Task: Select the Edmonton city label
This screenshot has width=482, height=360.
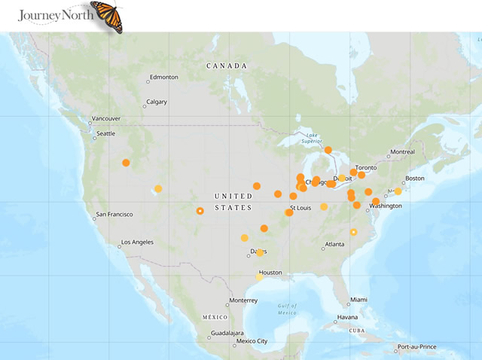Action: [x=163, y=77]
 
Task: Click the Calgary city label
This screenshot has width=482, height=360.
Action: [x=157, y=102]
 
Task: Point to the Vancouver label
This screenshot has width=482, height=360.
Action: [x=105, y=118]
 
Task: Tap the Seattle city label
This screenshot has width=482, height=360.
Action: [x=105, y=133]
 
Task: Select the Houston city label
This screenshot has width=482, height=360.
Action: [x=270, y=272]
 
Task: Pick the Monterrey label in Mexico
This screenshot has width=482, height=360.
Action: [x=244, y=300]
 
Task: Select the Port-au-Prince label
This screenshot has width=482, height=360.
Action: [x=421, y=347]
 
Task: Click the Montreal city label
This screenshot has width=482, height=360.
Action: [x=402, y=152]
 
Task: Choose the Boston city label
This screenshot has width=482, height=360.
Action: [x=415, y=178]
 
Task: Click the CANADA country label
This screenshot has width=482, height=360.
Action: [x=227, y=66]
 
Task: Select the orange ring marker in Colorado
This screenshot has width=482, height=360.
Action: [x=200, y=211]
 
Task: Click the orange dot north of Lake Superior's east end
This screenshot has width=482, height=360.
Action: [x=328, y=150]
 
